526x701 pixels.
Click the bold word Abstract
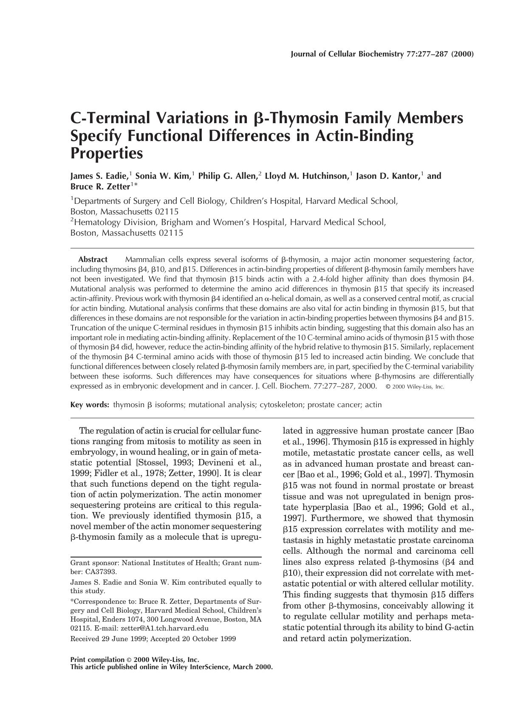[93, 259]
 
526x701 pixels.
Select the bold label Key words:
[90, 405]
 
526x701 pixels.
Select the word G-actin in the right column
[458, 627]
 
